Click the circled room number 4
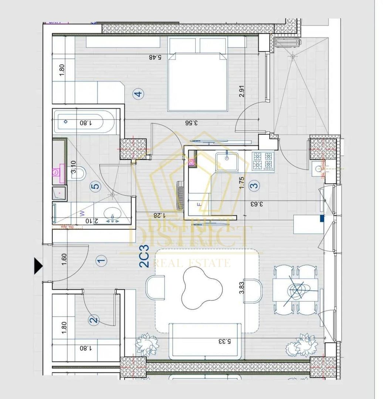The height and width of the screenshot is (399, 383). tap(138, 94)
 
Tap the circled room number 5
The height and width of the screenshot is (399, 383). tap(95, 187)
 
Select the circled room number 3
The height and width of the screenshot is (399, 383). tap(254, 185)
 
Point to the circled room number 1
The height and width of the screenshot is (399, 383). tap(101, 260)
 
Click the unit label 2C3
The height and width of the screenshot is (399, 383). tap(144, 256)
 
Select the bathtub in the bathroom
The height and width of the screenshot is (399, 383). tap(85, 122)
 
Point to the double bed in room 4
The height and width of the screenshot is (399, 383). tap(197, 82)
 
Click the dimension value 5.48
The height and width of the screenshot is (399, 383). tap(156, 57)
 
